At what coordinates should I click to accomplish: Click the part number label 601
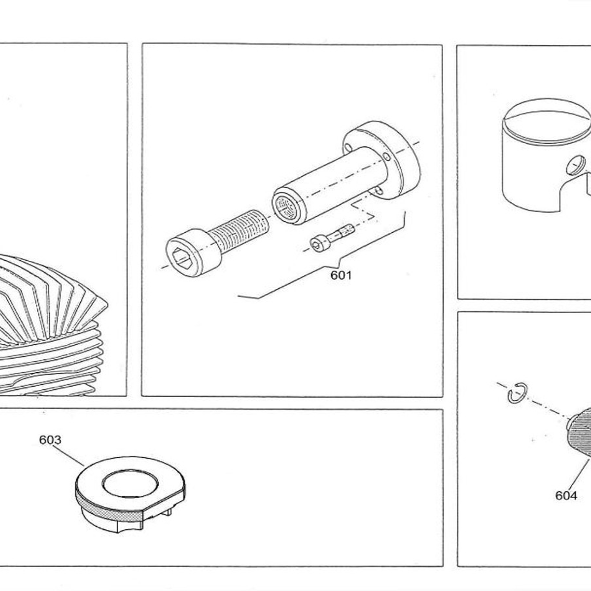(x=341, y=275)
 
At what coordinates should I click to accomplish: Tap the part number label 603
(x=50, y=440)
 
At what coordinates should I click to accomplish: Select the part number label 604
(x=566, y=496)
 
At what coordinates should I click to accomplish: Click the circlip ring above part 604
(x=517, y=392)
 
